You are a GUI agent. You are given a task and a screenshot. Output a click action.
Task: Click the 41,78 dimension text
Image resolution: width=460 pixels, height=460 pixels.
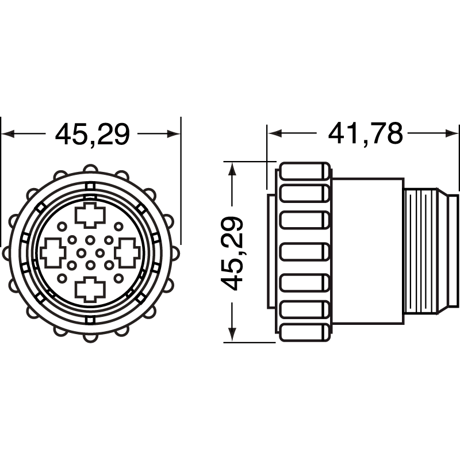pyautogui.click(x=365, y=134)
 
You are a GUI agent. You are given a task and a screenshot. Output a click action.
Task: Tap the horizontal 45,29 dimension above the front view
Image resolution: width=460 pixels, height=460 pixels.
pyautogui.click(x=92, y=135)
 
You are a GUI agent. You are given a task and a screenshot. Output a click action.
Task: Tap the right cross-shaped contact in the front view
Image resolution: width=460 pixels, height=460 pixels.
pyautogui.click(x=126, y=252)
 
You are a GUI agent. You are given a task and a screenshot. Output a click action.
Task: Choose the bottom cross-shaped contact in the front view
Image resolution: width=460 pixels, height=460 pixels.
pyautogui.click(x=91, y=288)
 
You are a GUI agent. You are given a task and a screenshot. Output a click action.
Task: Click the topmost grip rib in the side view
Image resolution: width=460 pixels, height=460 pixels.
pyautogui.click(x=305, y=171)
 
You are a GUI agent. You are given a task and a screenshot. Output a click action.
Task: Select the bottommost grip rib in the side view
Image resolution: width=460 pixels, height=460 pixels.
pyautogui.click(x=305, y=333)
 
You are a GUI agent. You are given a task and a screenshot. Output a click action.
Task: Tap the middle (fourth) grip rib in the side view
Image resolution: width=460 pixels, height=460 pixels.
pyautogui.click(x=305, y=252)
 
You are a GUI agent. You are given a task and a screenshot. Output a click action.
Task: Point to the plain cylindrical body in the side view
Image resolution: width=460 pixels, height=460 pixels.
pyautogui.click(x=368, y=252)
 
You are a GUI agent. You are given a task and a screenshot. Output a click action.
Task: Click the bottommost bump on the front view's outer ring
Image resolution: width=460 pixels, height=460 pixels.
pyautogui.click(x=90, y=337)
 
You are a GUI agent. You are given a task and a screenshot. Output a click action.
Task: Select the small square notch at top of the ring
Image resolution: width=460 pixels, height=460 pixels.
pyautogui.click(x=90, y=186)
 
